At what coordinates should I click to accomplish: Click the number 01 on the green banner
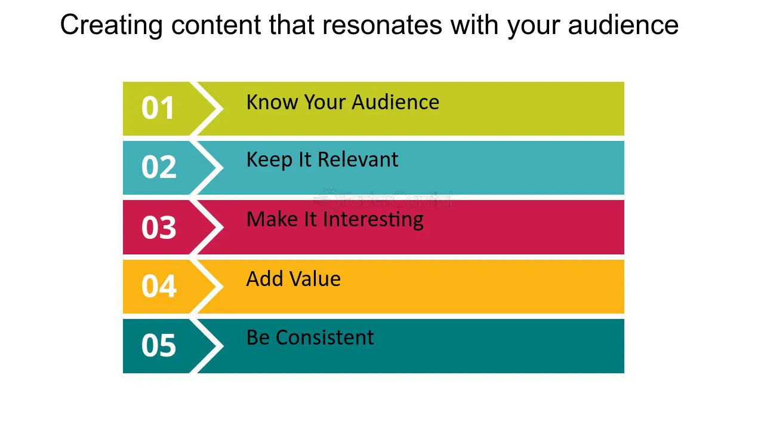point(158,109)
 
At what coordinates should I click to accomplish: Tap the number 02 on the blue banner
point(158,168)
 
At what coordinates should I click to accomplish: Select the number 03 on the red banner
point(158,228)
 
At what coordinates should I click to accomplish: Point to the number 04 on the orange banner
point(158,286)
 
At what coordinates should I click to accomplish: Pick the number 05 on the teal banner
point(158,346)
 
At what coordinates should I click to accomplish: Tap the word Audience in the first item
point(395,103)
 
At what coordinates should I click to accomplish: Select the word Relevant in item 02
point(358,160)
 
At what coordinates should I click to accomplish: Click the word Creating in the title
point(112,26)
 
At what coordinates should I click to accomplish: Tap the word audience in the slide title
point(623,26)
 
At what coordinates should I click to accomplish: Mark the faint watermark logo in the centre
point(383,198)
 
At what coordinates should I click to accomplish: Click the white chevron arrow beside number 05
point(210,346)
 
